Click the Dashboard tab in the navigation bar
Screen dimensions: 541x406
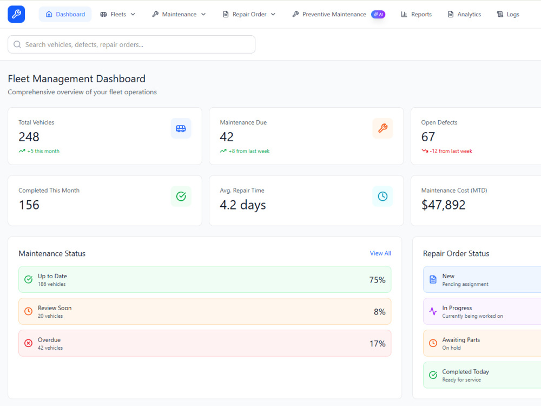tap(65, 14)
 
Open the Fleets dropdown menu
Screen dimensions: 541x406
tap(117, 14)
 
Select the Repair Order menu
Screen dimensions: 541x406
tap(249, 14)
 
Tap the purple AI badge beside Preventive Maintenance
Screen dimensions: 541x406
tap(378, 14)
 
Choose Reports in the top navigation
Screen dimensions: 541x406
tap(416, 14)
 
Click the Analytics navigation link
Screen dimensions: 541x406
tap(464, 14)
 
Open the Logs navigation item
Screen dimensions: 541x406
tap(508, 14)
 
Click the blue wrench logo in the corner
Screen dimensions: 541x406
tap(16, 14)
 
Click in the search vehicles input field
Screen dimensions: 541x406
tap(131, 44)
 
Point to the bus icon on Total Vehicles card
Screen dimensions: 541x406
tap(181, 128)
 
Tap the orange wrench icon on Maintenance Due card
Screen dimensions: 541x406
tap(382, 128)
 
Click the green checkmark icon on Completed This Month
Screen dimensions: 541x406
tap(181, 197)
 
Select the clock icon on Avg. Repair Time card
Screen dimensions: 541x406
tap(382, 197)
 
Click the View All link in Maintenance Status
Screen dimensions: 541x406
tap(380, 253)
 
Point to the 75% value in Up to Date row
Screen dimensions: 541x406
tap(377, 280)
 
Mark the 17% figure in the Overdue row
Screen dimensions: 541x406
tap(377, 344)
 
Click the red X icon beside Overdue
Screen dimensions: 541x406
tap(28, 343)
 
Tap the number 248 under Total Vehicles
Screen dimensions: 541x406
tap(29, 137)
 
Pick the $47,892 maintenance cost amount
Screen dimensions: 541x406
tap(444, 205)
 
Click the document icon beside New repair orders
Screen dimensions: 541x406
tap(433, 280)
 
